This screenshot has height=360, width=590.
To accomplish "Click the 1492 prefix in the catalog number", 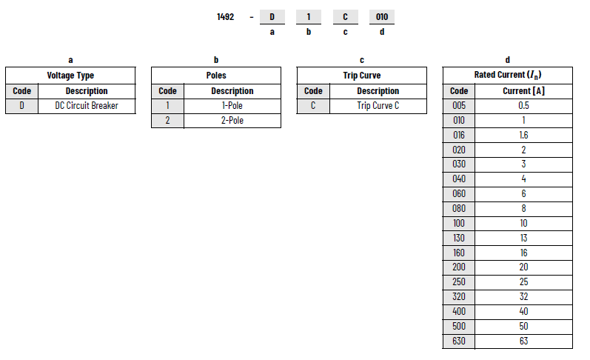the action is tap(225, 17).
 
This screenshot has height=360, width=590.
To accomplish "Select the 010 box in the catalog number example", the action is tap(382, 17).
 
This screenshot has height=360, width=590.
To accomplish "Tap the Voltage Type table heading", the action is tap(70, 76).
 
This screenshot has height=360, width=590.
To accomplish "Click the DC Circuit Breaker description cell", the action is tap(87, 106).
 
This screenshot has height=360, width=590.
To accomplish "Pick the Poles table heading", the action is tap(216, 76).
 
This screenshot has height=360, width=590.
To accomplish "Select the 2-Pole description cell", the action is tap(232, 121).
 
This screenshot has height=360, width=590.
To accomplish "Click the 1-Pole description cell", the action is tap(232, 106).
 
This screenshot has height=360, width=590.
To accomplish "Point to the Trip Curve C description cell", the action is tap(378, 106).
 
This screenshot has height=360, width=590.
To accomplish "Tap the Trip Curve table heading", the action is tap(361, 76).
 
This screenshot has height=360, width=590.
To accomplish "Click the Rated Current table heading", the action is tap(508, 75).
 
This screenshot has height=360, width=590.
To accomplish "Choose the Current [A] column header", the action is tap(524, 91).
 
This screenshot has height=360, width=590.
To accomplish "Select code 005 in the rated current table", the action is tap(459, 106).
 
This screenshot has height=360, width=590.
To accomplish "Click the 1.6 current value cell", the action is tap(524, 136).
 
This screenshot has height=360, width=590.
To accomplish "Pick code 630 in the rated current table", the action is tap(459, 341).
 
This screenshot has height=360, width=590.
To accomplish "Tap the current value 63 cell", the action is tap(524, 341).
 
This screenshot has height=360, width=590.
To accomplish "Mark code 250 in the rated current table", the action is tap(459, 282).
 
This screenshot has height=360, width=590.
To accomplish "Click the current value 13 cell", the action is tap(524, 238).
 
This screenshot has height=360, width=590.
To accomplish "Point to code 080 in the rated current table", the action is tap(459, 209).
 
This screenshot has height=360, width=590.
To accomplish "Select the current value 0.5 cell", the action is tap(524, 106).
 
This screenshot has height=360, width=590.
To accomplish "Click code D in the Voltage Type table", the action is tap(21, 106).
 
